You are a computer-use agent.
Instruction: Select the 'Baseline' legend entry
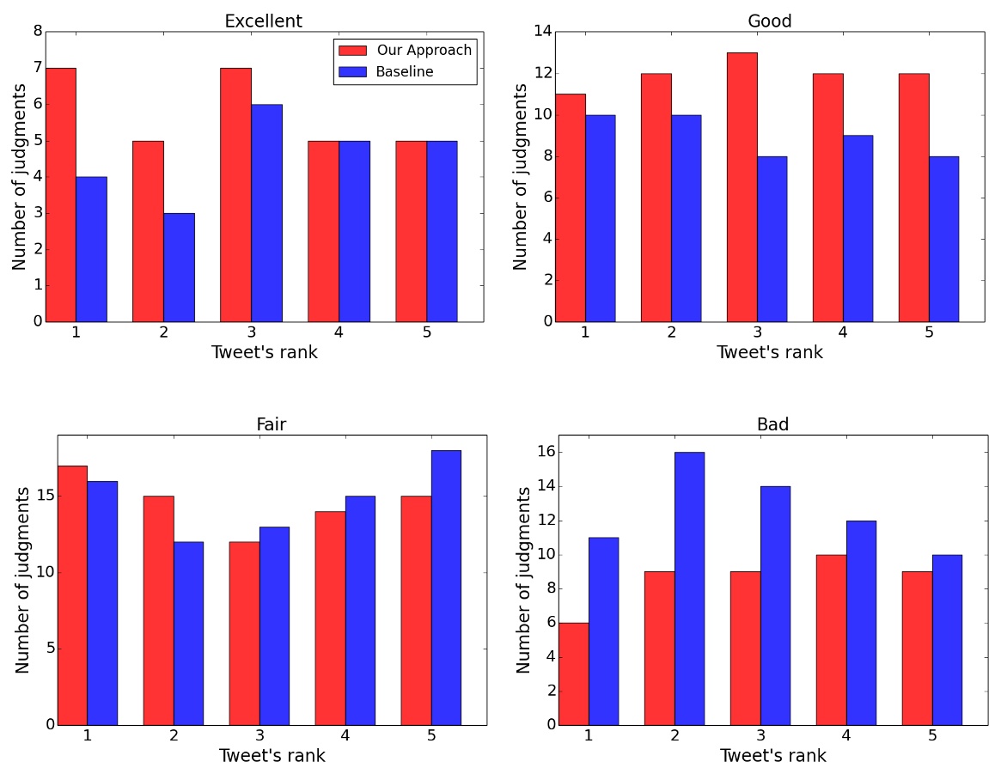(404, 72)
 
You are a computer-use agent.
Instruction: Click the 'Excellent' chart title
(263, 21)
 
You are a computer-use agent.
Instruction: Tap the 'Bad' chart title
(772, 424)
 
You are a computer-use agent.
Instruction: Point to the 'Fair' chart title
(271, 424)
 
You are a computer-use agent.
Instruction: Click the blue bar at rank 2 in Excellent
(179, 267)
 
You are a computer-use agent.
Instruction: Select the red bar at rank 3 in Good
(742, 187)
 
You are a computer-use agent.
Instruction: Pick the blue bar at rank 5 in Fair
(446, 588)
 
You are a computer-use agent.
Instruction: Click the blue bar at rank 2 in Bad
(689, 588)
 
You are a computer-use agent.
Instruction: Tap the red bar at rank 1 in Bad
(573, 673)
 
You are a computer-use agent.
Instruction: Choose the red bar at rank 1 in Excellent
(61, 195)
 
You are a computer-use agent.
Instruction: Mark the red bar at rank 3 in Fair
(244, 633)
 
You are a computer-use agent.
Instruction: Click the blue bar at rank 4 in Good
(858, 229)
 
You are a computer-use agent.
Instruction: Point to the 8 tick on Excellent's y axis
(37, 32)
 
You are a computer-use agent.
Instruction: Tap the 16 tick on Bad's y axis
(546, 453)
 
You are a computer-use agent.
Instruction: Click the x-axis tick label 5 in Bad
(932, 736)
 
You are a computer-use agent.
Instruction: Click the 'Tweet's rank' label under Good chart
(769, 352)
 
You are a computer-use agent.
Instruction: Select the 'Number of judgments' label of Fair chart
(23, 580)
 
